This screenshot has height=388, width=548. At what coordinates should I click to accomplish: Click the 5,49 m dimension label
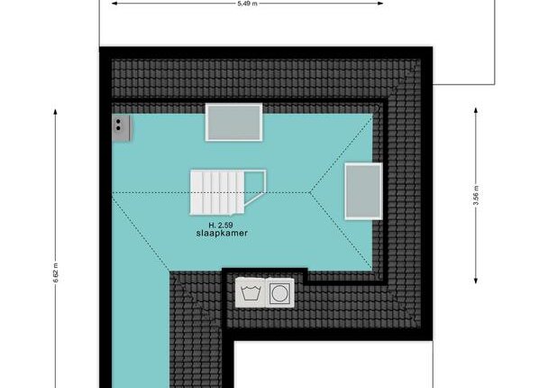pos(247,4)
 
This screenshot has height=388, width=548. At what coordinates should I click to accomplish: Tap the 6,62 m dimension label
pos(56,273)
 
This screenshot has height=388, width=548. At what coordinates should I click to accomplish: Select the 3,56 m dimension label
pos(476,195)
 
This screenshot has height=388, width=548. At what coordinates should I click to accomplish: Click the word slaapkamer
pos(222,233)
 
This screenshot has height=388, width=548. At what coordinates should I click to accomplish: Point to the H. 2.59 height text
pos(221,226)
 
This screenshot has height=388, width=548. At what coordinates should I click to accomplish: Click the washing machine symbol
pos(251,292)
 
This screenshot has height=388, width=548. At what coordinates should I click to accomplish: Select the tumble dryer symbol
pos(280,293)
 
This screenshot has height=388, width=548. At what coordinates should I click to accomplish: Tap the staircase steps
pos(217,192)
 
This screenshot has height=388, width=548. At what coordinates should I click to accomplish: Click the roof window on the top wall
pos(233,122)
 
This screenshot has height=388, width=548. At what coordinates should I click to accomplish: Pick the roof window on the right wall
pos(363,191)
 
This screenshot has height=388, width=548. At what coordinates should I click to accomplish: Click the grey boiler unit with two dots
pos(121,128)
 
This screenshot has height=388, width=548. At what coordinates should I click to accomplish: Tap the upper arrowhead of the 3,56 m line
pos(476,110)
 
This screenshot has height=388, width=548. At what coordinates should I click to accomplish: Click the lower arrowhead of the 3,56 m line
pos(476,281)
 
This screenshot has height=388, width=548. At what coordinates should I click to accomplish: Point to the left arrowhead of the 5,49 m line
pos(114,4)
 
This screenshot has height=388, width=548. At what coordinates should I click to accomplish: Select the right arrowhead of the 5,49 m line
pos(380,4)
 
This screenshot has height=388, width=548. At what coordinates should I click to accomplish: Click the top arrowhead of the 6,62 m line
pos(55,112)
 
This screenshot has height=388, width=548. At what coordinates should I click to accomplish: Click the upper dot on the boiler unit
pos(118,122)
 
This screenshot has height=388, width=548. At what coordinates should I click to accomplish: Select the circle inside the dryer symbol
pos(279,293)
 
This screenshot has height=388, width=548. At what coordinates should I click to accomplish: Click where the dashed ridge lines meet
pos(310,192)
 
